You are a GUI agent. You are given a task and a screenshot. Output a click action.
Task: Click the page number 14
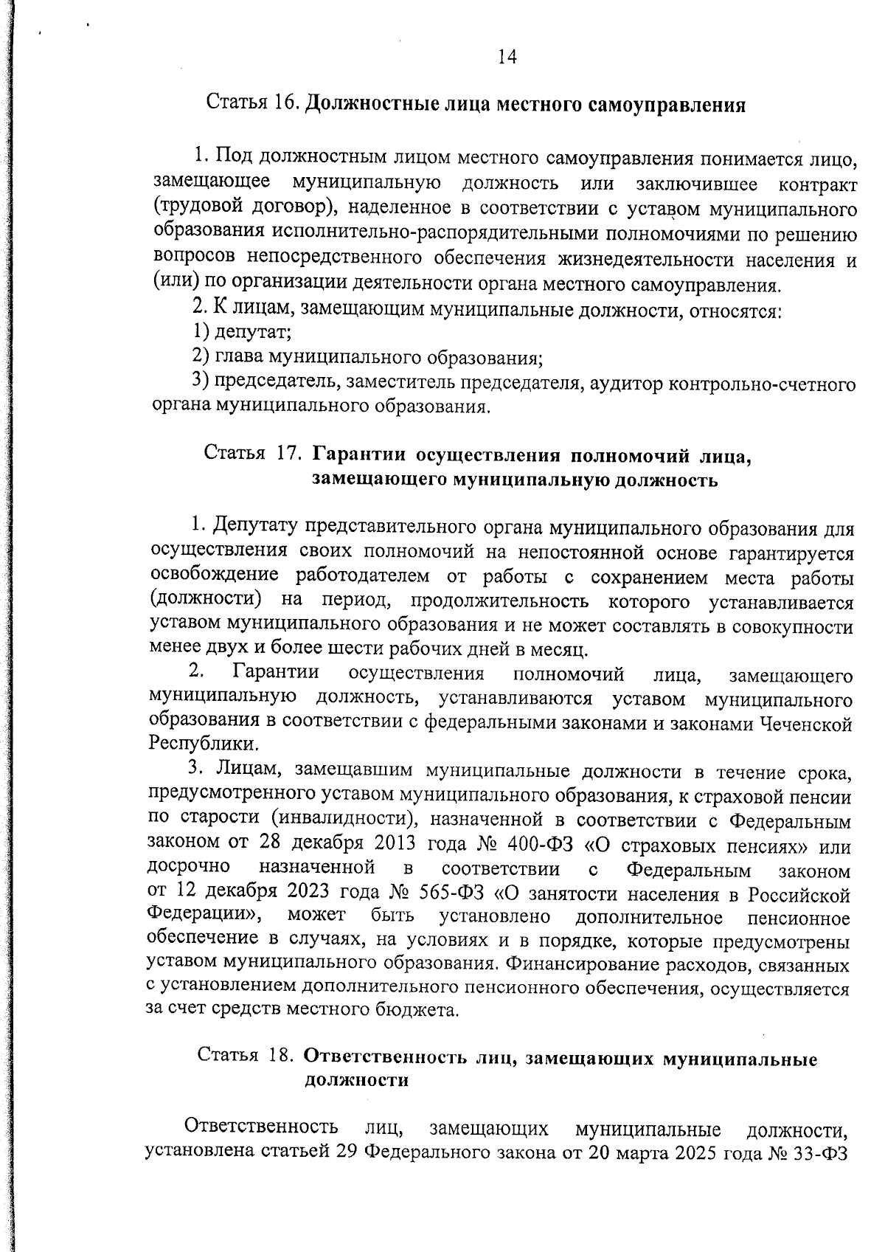point(507,57)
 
